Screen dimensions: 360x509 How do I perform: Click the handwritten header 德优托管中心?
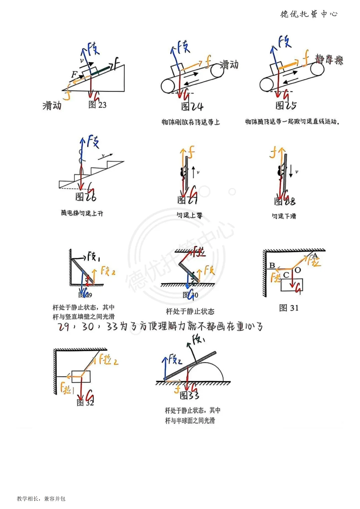[309, 14]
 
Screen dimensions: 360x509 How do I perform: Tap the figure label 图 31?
[289, 308]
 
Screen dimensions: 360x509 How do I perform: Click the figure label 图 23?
[97, 105]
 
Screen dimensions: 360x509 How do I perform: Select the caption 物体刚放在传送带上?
[191, 122]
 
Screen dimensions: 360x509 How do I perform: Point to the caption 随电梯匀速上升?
[82, 213]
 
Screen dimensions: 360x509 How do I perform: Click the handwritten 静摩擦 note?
[329, 60]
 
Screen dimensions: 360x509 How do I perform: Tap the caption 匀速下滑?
[284, 216]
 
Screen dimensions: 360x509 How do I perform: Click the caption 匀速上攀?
[189, 215]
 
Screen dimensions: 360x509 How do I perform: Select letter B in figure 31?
[272, 265]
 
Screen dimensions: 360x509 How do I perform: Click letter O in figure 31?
[298, 270]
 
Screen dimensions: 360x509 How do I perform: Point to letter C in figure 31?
[286, 275]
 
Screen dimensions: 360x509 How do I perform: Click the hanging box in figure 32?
[81, 376]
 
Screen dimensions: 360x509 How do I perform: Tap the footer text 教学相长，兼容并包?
[41, 499]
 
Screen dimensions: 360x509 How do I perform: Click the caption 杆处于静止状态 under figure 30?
[190, 311]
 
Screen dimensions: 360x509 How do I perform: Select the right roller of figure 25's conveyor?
[317, 69]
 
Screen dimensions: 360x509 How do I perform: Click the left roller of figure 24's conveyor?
[168, 86]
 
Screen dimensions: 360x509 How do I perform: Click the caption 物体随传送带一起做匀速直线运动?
[292, 122]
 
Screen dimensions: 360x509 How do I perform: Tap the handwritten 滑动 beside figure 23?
[52, 106]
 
